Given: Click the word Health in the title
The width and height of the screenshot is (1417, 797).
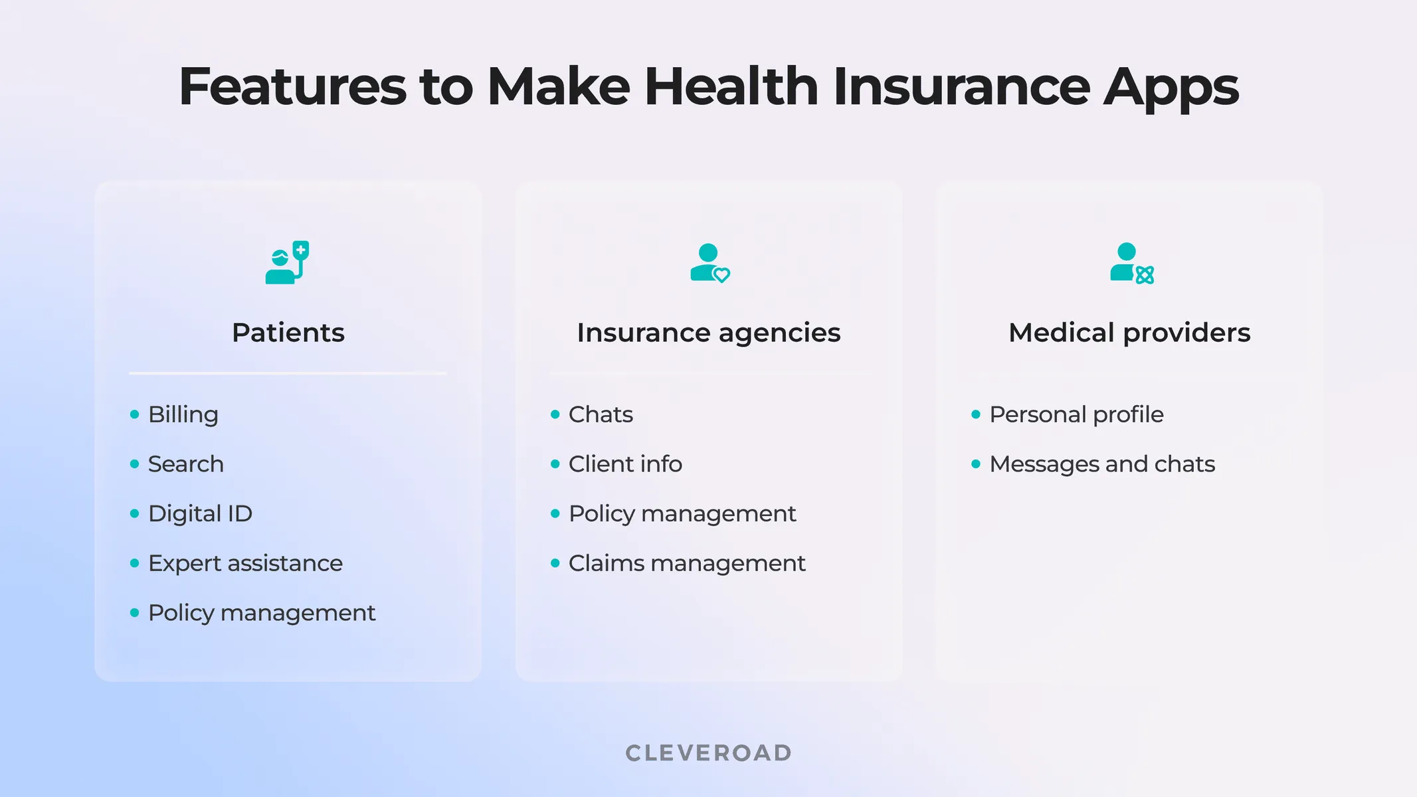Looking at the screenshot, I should pyautogui.click(x=731, y=87).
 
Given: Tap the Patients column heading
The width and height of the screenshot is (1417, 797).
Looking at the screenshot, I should pyautogui.click(x=288, y=333).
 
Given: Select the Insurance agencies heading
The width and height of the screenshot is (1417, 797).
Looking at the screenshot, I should pyautogui.click(x=708, y=333).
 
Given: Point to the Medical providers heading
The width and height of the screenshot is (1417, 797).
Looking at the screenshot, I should pyautogui.click(x=1129, y=333).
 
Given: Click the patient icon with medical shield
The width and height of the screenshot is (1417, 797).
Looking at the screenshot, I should pyautogui.click(x=287, y=263).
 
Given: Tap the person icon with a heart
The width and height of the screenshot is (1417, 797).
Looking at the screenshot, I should pyautogui.click(x=709, y=263).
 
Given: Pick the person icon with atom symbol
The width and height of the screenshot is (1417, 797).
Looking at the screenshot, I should pyautogui.click(x=1131, y=263).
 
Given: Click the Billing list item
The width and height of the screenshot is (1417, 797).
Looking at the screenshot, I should pyautogui.click(x=183, y=414).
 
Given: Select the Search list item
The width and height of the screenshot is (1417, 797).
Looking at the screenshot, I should pyautogui.click(x=185, y=464).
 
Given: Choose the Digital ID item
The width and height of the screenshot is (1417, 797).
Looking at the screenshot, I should pyautogui.click(x=200, y=513).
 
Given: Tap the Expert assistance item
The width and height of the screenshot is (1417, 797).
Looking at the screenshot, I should pyautogui.click(x=245, y=563).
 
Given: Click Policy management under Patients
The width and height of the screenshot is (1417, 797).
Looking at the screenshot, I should pyautogui.click(x=261, y=613).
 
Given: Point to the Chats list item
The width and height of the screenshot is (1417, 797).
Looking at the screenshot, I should pyautogui.click(x=601, y=414).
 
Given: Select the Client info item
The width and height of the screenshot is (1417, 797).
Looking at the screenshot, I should pyautogui.click(x=625, y=464).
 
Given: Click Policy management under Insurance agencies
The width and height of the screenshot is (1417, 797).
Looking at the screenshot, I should pyautogui.click(x=682, y=513).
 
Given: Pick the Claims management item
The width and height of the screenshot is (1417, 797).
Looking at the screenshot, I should pyautogui.click(x=686, y=563).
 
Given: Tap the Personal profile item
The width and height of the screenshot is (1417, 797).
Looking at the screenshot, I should pyautogui.click(x=1076, y=414).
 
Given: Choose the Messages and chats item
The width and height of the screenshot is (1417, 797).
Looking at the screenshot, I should pyautogui.click(x=1102, y=464).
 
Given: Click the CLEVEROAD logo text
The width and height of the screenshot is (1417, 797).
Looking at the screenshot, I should pyautogui.click(x=709, y=753).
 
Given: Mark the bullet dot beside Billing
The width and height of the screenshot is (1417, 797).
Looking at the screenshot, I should pyautogui.click(x=135, y=414).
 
